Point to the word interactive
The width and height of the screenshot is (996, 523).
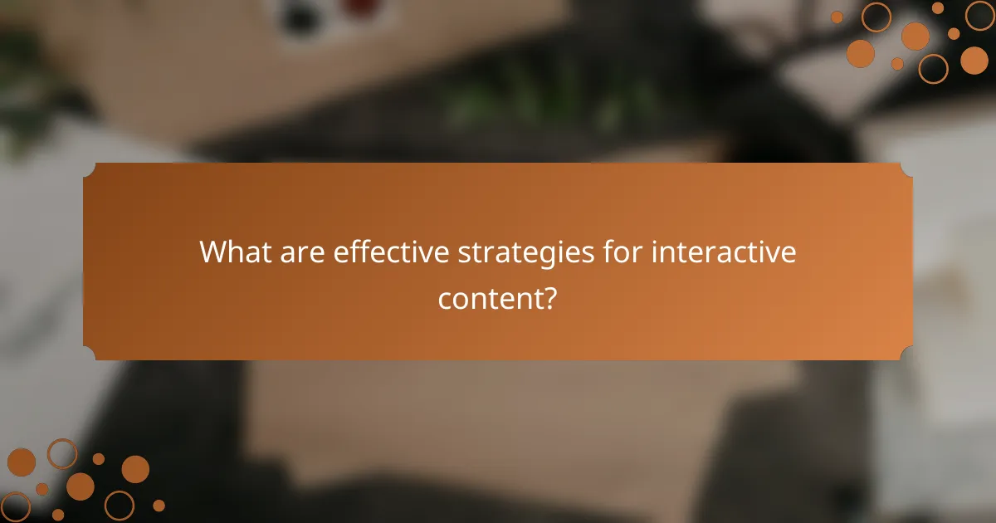point(724,252)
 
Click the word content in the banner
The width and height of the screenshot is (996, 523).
point(490,297)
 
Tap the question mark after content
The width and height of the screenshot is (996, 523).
point(549,297)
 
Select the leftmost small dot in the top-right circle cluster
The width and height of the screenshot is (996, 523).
point(837,17)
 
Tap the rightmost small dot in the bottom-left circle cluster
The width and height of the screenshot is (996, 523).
point(159,505)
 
